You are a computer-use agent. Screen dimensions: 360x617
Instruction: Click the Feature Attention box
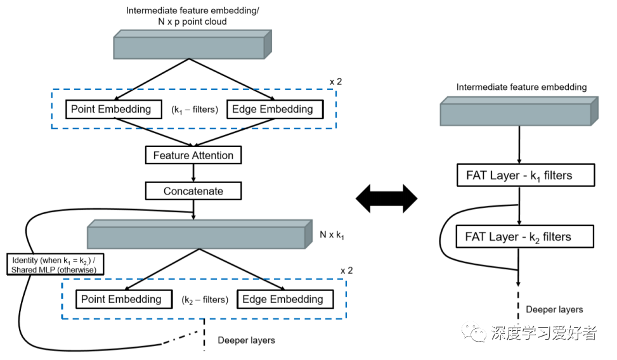pos(193,155)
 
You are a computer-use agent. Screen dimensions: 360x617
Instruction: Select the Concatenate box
pos(193,191)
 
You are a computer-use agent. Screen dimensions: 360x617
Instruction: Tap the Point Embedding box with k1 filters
pos(111,109)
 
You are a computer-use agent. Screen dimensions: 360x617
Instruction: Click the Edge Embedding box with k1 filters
pos(273,109)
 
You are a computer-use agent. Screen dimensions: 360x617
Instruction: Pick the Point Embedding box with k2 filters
pos(120,299)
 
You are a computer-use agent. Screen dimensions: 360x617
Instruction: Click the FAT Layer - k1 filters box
pos(519,175)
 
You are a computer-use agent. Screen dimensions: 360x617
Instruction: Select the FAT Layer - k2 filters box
pos(519,237)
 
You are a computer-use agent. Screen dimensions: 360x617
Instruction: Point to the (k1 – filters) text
pos(195,110)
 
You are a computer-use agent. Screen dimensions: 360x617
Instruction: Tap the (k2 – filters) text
pos(205,300)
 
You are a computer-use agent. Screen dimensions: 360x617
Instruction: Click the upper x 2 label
pos(336,82)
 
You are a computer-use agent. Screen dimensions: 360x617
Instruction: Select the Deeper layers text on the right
pos(554,309)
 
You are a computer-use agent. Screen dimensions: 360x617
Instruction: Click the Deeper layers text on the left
pos(246,340)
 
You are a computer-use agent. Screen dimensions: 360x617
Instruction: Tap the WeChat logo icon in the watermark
pos(474,332)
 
